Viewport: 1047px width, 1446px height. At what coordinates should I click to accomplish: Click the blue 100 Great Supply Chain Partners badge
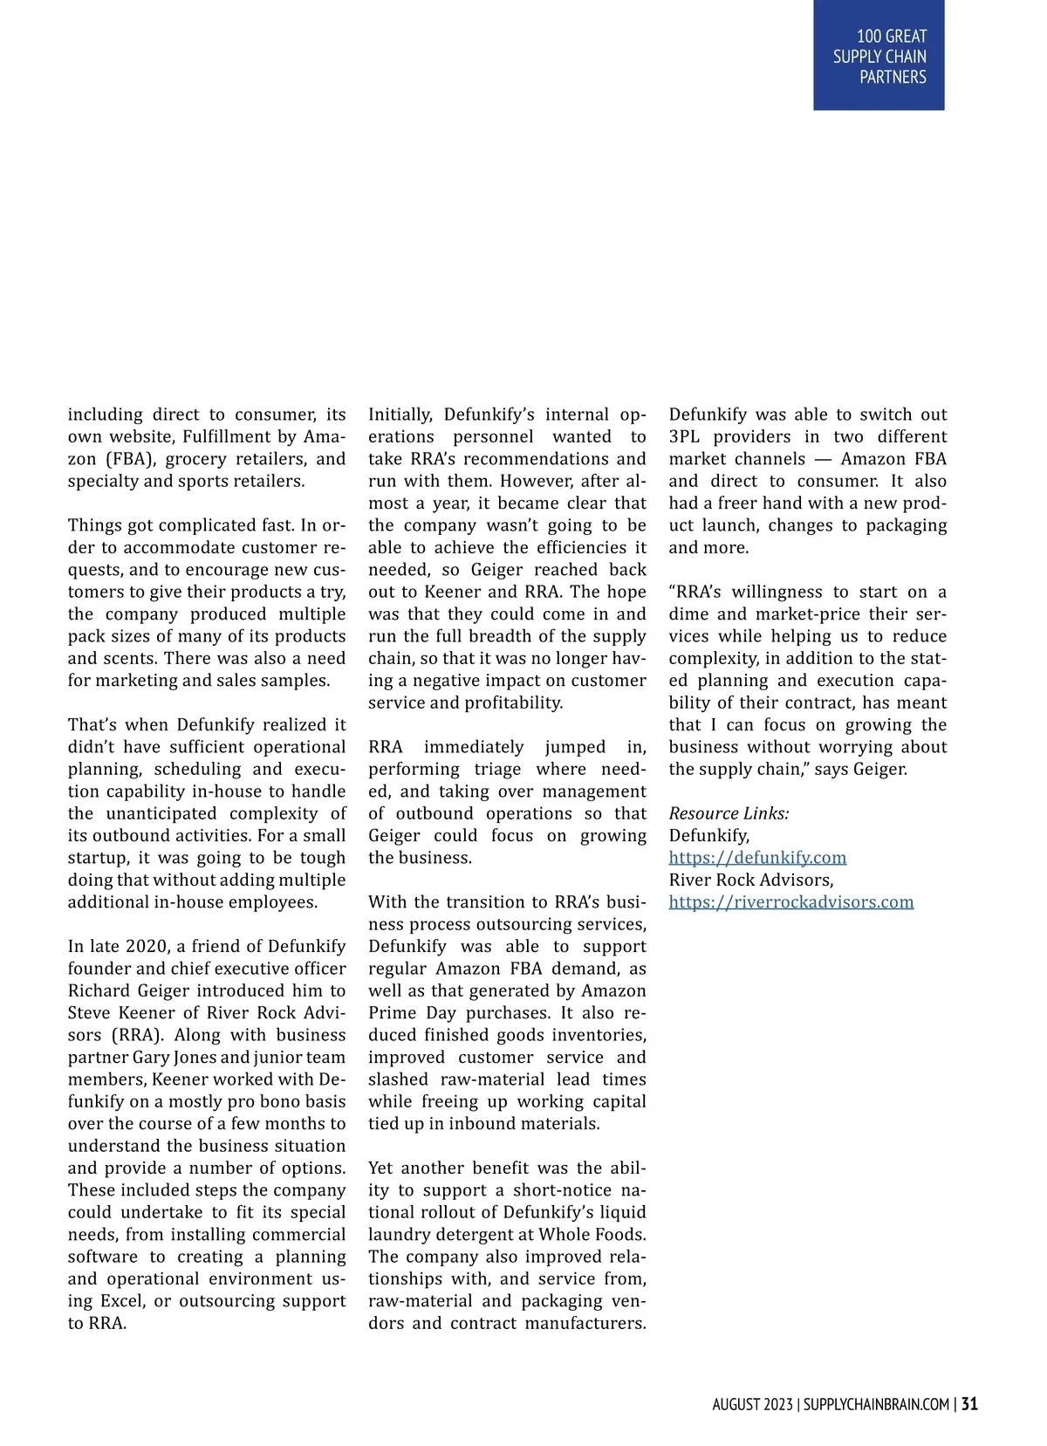[x=879, y=56]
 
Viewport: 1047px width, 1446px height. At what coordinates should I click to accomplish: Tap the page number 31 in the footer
[x=969, y=1404]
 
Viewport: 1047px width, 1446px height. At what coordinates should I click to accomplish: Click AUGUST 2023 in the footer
[x=752, y=1405]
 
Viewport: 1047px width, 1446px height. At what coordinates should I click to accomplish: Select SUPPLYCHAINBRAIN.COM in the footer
[x=876, y=1405]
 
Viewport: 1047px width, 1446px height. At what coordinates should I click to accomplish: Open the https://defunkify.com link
[x=757, y=858]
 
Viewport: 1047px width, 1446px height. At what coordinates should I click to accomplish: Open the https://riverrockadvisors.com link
[x=791, y=902]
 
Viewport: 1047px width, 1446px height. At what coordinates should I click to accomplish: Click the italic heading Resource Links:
[x=729, y=813]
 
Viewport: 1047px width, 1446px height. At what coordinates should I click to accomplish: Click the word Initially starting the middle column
[x=400, y=415]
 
